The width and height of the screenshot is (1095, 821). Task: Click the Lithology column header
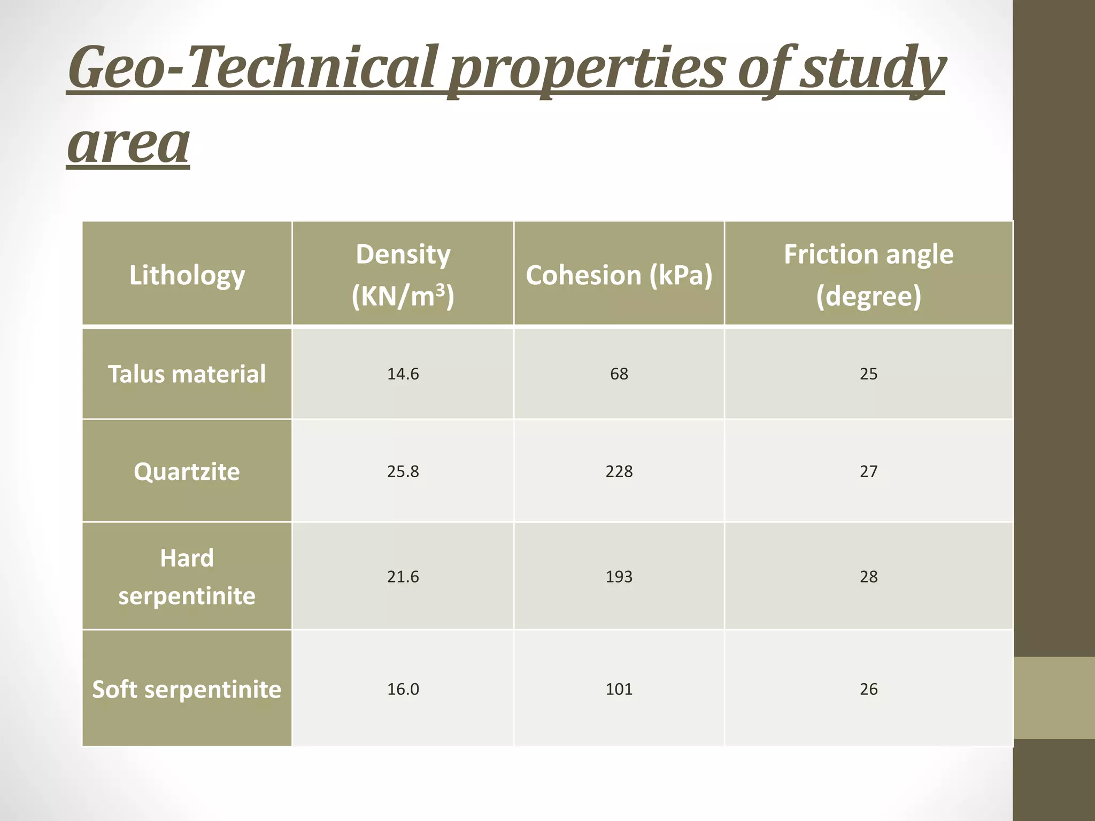pyautogui.click(x=187, y=275)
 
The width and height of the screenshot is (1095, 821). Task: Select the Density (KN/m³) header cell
pyautogui.click(x=403, y=275)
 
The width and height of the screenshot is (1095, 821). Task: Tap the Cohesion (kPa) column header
pyautogui.click(x=619, y=275)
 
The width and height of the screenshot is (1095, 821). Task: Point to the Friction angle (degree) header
pyautogui.click(x=868, y=275)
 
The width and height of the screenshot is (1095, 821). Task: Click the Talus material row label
pyautogui.click(x=187, y=374)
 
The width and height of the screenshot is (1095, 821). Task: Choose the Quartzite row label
pyautogui.click(x=187, y=471)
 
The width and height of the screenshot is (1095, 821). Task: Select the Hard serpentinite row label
pyautogui.click(x=187, y=577)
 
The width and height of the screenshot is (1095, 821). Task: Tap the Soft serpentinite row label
pyautogui.click(x=187, y=689)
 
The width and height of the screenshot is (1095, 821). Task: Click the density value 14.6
pyautogui.click(x=403, y=374)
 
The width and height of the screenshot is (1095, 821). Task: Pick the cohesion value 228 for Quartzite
pyautogui.click(x=619, y=471)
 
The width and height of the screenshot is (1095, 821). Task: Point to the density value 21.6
pyautogui.click(x=403, y=577)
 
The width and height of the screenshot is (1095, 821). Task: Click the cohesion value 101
pyautogui.click(x=619, y=689)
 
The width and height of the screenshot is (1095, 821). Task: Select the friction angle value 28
pyautogui.click(x=868, y=577)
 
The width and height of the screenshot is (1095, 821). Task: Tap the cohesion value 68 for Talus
pyautogui.click(x=619, y=374)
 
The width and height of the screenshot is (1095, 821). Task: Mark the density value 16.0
pyautogui.click(x=403, y=689)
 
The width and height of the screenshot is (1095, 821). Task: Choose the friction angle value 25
pyautogui.click(x=868, y=374)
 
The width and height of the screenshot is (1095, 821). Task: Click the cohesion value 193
pyautogui.click(x=619, y=577)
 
